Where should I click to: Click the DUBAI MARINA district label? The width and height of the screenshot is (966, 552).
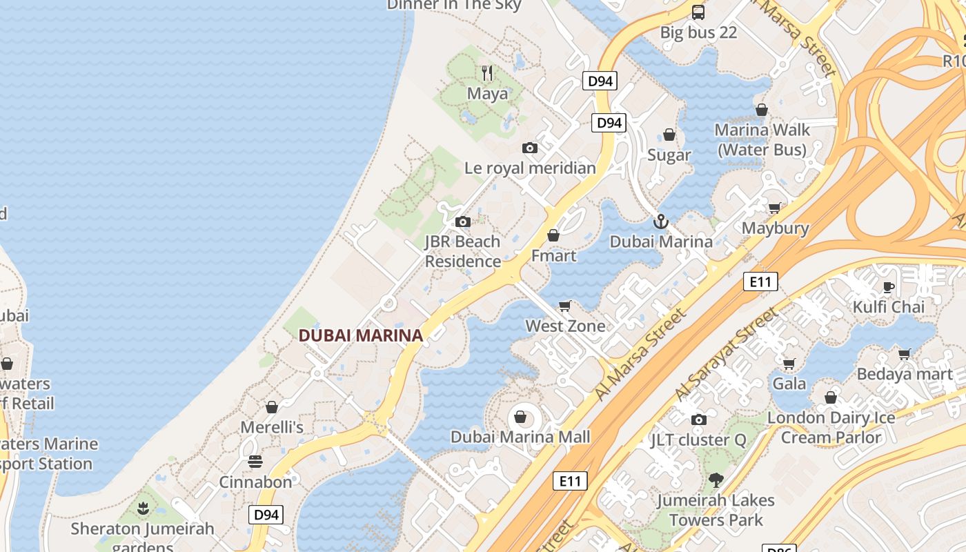(x=360, y=335)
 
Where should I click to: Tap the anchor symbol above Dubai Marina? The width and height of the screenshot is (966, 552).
(x=661, y=221)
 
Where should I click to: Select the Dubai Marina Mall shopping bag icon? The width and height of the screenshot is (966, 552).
(x=520, y=417)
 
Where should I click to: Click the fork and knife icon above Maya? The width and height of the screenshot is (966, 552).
(x=487, y=72)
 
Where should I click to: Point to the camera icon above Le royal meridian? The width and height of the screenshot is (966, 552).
(x=530, y=148)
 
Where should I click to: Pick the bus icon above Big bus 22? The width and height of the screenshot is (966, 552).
(x=698, y=12)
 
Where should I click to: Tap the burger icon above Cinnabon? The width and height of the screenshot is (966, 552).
(x=255, y=461)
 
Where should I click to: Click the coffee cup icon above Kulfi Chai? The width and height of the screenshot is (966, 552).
(x=889, y=286)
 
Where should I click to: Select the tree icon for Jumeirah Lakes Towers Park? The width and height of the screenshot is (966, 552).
(x=716, y=480)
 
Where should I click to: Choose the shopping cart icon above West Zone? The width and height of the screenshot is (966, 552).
(x=565, y=306)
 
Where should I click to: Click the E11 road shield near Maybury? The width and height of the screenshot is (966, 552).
(x=760, y=282)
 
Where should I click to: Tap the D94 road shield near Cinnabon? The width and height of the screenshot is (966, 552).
(x=266, y=514)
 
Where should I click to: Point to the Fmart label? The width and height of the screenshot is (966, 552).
(x=553, y=255)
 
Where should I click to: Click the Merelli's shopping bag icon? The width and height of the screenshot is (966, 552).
(x=272, y=407)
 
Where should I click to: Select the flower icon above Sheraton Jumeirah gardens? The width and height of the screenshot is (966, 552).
(x=143, y=509)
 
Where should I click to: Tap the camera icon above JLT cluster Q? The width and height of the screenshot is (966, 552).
(x=698, y=420)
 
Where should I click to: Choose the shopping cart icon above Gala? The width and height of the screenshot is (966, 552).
(x=789, y=364)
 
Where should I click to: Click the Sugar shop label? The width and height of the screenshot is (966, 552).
(x=669, y=155)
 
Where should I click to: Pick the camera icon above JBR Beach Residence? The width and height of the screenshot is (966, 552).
(x=463, y=221)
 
